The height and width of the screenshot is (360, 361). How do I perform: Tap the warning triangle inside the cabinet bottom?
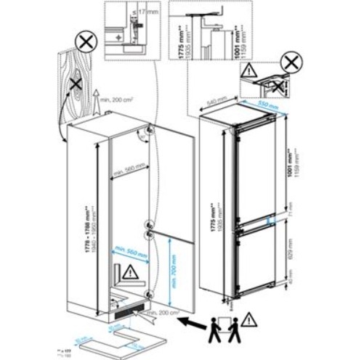point(129,273)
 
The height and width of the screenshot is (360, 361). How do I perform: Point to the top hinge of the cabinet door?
point(148,130)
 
